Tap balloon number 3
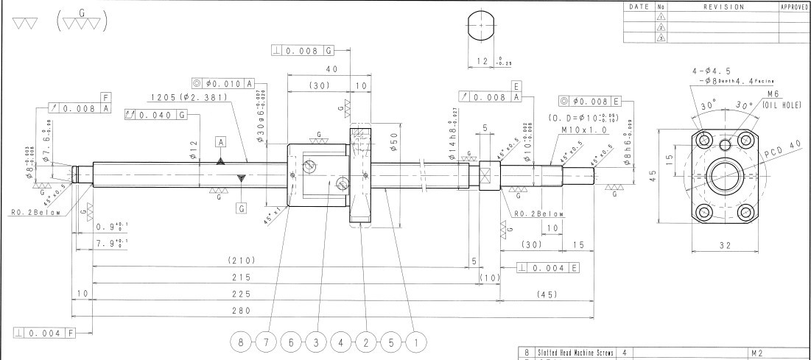[x=317, y=342]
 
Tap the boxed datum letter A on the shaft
[x=220, y=141]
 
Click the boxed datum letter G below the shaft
[x=241, y=208]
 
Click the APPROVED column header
[x=794, y=7]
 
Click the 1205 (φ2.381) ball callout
[x=182, y=97]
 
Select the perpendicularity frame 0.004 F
[x=45, y=334]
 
